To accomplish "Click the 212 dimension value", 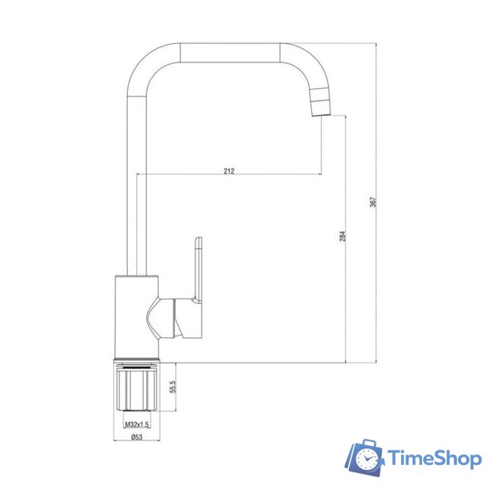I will [229, 171].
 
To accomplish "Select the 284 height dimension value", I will [343, 236].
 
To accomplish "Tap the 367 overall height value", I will [373, 202].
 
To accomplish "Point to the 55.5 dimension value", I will [173, 387].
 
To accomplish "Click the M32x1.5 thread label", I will [134, 424].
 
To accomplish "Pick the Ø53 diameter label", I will [137, 437].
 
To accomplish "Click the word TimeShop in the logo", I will [434, 459].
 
